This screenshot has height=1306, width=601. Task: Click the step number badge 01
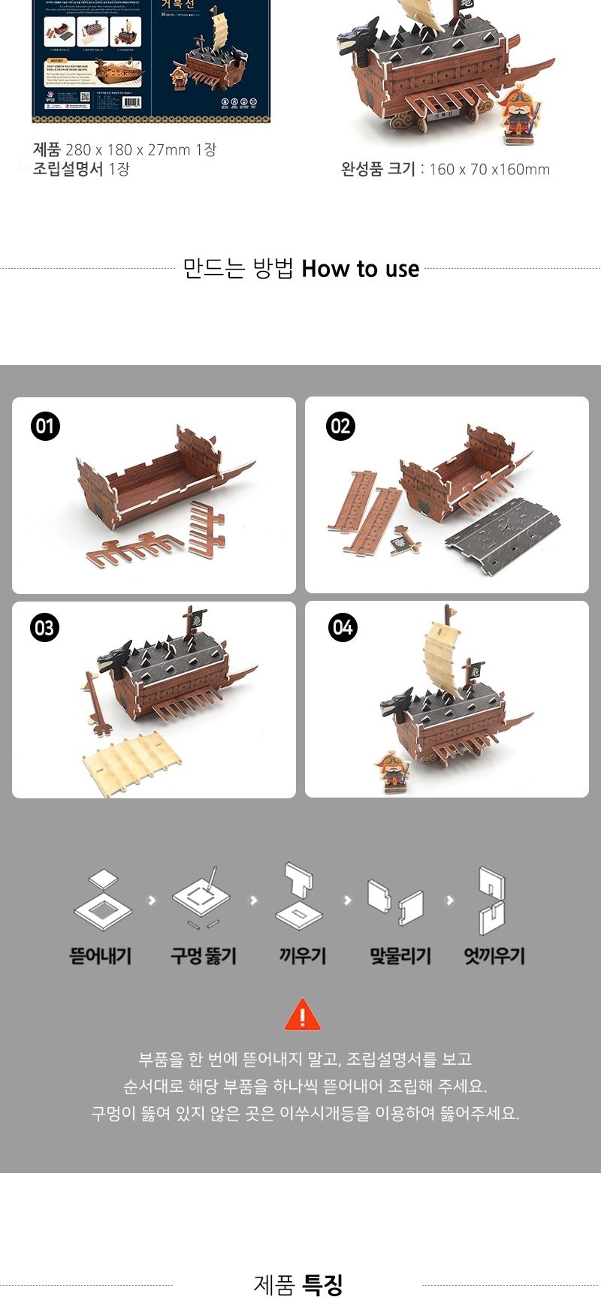[x=45, y=427]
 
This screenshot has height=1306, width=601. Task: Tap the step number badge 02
[x=340, y=427]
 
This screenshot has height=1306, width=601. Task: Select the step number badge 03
[x=45, y=628]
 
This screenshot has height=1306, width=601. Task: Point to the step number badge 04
[x=343, y=627]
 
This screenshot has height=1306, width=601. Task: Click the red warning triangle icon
[x=302, y=1015]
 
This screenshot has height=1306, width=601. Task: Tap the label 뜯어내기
[x=101, y=956]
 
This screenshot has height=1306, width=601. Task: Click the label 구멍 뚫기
[x=203, y=956]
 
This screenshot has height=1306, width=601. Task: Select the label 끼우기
[x=302, y=956]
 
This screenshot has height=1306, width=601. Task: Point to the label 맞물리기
[x=400, y=956]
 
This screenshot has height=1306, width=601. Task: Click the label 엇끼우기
[x=494, y=956]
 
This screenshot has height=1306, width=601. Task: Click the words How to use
[x=360, y=269]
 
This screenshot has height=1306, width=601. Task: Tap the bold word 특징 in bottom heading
[x=323, y=1285]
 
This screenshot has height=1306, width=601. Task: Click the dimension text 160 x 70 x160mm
[x=489, y=170]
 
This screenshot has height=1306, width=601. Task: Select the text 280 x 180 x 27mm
[x=128, y=149]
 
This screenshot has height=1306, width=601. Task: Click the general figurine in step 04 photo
[x=391, y=770]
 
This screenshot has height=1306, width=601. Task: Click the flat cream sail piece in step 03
[x=131, y=762]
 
